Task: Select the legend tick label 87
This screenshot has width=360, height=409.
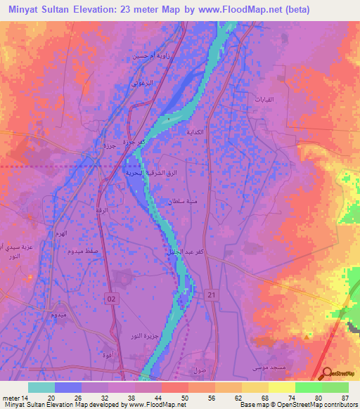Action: (x=345, y=397)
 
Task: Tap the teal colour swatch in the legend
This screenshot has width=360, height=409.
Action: (x=41, y=387)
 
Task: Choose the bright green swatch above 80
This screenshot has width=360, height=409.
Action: (x=309, y=387)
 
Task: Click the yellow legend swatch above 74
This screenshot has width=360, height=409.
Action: (x=282, y=387)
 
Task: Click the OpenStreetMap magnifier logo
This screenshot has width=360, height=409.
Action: (x=326, y=373)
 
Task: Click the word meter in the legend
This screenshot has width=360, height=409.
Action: (x=12, y=397)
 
